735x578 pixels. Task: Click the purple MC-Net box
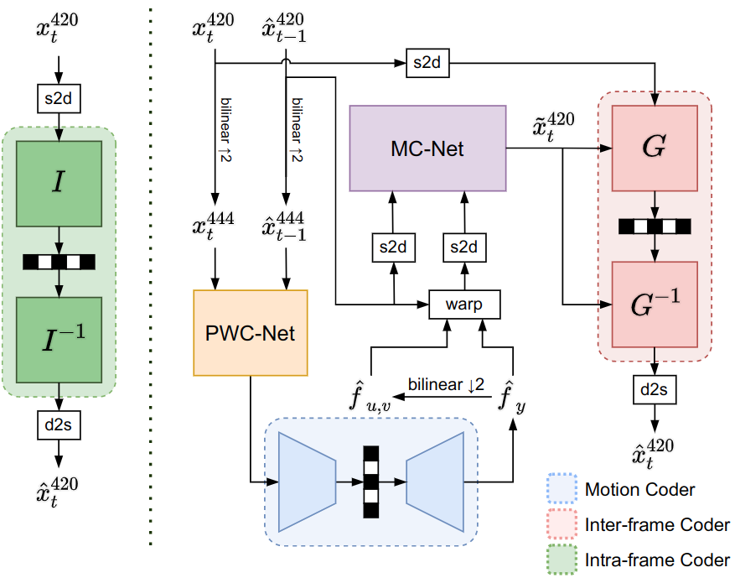click(x=427, y=148)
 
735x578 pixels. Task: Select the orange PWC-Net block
click(x=251, y=332)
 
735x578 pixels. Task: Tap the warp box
click(x=464, y=304)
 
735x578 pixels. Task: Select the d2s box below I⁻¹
click(x=58, y=425)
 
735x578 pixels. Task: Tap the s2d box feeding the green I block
click(x=58, y=98)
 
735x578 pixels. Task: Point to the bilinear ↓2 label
click(x=446, y=385)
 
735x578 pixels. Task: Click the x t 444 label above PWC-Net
click(x=215, y=224)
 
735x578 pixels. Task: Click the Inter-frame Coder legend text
click(x=657, y=525)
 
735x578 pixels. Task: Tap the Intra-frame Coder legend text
click(x=657, y=560)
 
